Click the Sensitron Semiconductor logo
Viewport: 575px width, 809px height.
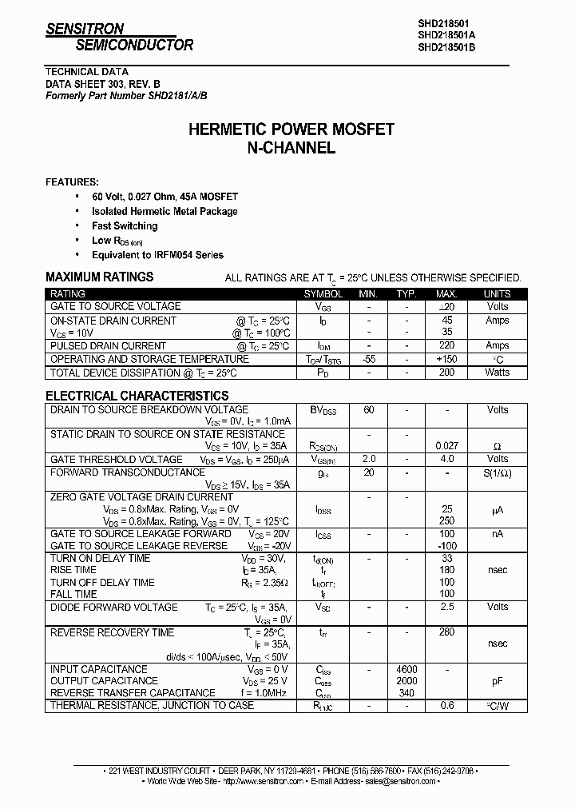[119, 37]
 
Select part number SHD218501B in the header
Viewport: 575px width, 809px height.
[446, 47]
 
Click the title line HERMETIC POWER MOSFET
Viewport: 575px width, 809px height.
[291, 130]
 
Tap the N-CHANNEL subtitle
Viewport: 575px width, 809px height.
[291, 148]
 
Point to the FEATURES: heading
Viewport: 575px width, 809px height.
[73, 181]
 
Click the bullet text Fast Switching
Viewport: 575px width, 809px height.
[125, 226]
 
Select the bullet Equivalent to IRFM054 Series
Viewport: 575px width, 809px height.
[157, 255]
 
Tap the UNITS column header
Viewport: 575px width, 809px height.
[497, 294]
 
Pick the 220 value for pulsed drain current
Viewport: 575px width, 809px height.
[446, 346]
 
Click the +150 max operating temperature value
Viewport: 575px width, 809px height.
[446, 360]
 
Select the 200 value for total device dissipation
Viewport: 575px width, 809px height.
[446, 373]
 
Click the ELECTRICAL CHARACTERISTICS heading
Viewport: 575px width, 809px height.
[137, 396]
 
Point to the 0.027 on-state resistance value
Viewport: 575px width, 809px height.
[446, 446]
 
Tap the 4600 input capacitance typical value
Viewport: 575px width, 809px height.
[406, 669]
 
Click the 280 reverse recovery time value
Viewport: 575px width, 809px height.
[446, 632]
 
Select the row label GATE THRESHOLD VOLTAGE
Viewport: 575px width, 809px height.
[117, 460]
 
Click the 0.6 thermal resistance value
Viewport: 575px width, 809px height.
[446, 706]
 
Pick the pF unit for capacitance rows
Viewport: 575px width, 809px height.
[497, 681]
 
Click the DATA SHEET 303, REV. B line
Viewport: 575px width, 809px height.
[102, 83]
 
